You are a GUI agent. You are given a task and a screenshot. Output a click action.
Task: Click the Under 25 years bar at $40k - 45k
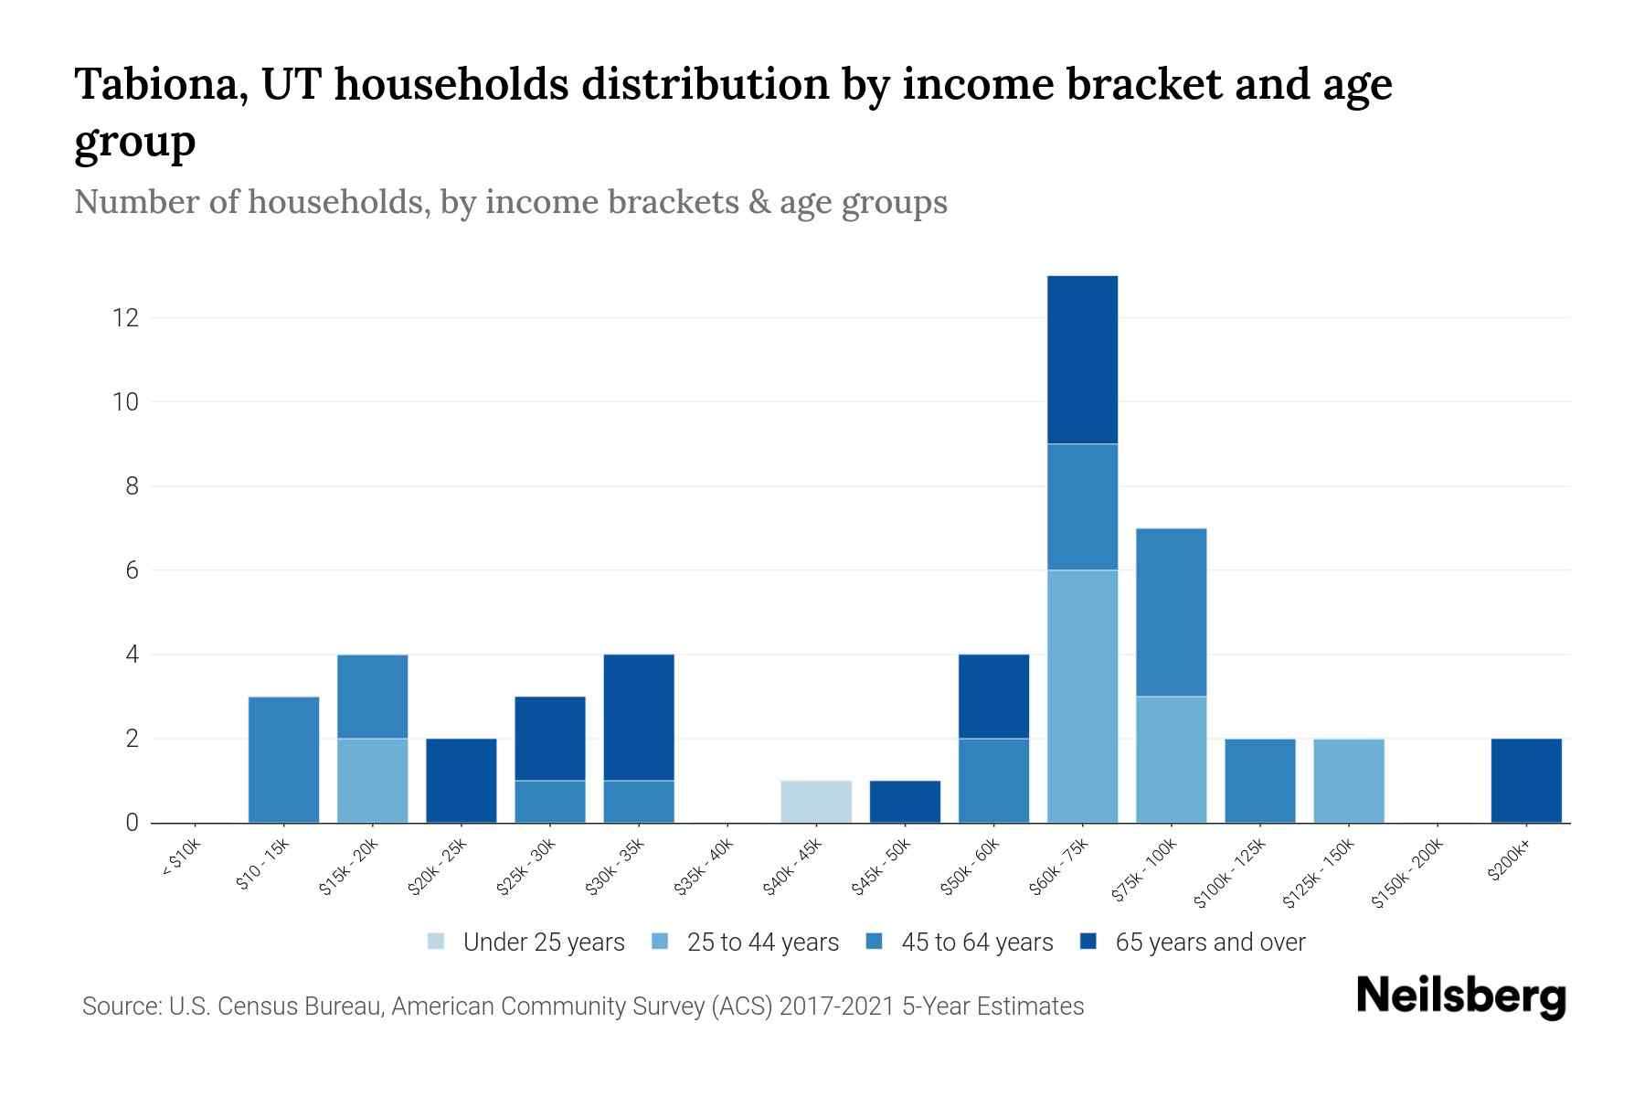(x=816, y=802)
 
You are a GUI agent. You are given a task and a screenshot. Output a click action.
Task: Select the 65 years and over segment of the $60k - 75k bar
(x=1082, y=359)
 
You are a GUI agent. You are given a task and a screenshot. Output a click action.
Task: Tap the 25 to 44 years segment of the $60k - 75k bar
(x=1082, y=696)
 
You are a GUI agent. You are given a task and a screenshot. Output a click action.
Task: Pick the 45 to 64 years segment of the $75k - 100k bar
(x=1171, y=612)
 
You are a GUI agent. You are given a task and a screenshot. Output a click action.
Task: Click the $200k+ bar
(x=1526, y=781)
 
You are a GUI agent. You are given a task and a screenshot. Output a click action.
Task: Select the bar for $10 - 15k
(x=284, y=760)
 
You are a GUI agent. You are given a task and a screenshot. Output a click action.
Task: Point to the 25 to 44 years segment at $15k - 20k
(x=373, y=781)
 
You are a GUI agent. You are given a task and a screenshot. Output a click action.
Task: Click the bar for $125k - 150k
(x=1349, y=781)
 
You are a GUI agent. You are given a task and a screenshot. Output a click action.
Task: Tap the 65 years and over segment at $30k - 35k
(x=639, y=718)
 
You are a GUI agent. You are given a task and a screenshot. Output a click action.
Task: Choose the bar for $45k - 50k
(x=905, y=802)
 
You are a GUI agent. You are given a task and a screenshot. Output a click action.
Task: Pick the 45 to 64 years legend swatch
(x=875, y=942)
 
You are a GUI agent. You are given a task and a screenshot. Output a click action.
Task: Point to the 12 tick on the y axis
(x=125, y=318)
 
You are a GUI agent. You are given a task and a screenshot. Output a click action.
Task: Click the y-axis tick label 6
(x=133, y=570)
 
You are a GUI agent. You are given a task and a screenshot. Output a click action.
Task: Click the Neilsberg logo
(x=1460, y=996)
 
